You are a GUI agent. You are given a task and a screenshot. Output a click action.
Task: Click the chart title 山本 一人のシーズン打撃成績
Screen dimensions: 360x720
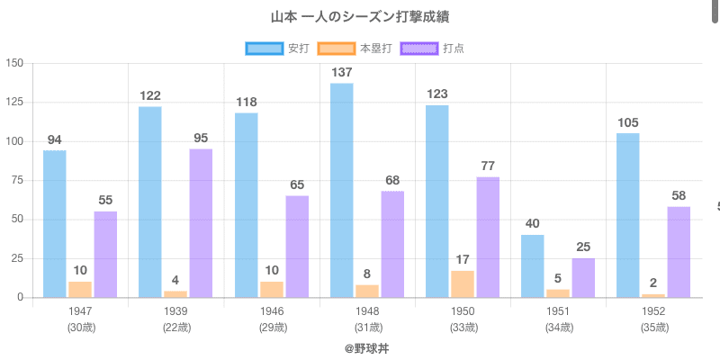pos(360,17)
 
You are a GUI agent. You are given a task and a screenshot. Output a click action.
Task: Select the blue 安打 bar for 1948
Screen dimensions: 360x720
pos(341,190)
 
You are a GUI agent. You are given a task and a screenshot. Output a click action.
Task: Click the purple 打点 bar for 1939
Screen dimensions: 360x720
pos(201,223)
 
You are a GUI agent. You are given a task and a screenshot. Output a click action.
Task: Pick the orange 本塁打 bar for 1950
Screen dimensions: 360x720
pos(463,283)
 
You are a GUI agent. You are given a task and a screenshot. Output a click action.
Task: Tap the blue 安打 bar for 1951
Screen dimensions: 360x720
pos(532,265)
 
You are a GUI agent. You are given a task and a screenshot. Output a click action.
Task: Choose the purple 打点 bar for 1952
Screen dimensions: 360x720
pos(679,252)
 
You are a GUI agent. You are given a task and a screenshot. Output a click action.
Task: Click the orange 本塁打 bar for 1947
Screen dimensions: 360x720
pos(80,289)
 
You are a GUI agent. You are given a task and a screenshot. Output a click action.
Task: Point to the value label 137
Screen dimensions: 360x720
pos(341,72)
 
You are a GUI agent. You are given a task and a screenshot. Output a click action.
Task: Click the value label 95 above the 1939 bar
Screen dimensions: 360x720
pos(201,138)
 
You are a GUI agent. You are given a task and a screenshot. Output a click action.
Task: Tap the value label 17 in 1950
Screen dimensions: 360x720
pos(463,259)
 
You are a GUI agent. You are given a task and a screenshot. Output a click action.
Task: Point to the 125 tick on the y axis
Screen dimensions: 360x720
pos(15,103)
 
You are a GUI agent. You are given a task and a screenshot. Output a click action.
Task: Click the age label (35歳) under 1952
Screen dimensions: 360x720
pos(654,327)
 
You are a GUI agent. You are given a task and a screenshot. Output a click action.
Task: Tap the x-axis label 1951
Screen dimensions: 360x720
pos(559,311)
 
